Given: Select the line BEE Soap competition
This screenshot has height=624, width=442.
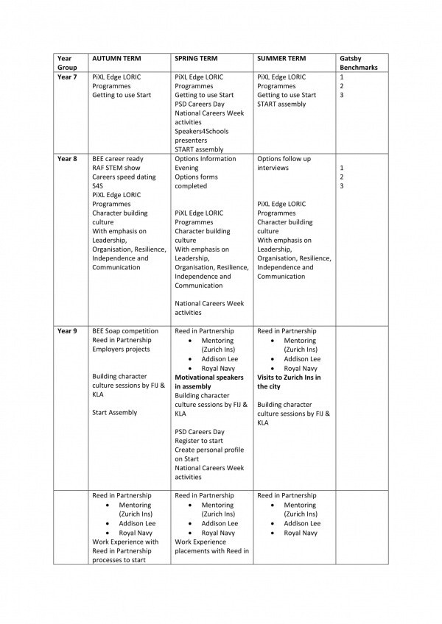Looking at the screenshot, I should [x=125, y=331].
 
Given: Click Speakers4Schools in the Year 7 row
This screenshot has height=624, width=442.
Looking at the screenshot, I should [x=202, y=131].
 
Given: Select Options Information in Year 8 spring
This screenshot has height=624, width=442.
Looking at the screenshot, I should [x=206, y=158].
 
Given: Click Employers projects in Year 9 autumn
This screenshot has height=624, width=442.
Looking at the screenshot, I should [x=122, y=350].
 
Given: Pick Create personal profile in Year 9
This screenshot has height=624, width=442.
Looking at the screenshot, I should [x=209, y=450].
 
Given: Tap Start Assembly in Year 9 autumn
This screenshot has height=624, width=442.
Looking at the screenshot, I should [x=114, y=413].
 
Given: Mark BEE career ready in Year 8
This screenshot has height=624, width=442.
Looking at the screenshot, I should [x=118, y=158].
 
